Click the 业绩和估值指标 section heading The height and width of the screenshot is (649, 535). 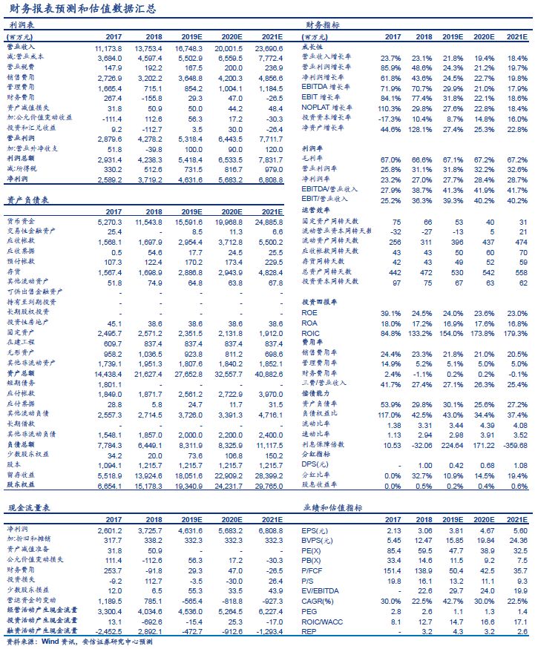(331, 508)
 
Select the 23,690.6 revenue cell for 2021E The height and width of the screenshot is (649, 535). (268, 47)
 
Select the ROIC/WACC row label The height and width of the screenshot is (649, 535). (321, 622)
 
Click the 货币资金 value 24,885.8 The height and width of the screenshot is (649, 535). (268, 222)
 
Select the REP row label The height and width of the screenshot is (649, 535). (309, 631)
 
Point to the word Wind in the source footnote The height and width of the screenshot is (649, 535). (50, 643)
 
